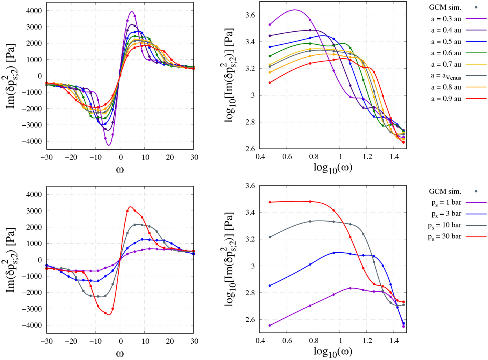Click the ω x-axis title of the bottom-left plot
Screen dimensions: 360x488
pyautogui.click(x=120, y=352)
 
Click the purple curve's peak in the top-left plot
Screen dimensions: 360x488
pyautogui.click(x=132, y=12)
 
